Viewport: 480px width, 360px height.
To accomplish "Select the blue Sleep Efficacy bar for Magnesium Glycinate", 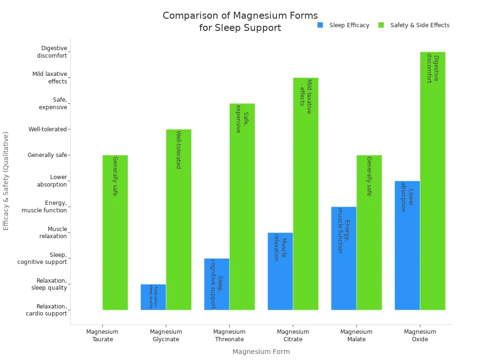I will tap(153, 297).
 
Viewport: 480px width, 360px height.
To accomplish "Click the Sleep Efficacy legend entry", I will tap(344, 25).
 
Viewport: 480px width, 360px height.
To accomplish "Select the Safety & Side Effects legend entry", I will tap(414, 25).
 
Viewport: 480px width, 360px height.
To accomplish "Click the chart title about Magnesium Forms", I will tap(240, 22).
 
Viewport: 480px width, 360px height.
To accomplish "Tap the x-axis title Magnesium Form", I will tap(261, 352).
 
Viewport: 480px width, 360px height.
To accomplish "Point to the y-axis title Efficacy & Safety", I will tap(6, 180).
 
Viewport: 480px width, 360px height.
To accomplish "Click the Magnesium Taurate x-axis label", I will tap(103, 336).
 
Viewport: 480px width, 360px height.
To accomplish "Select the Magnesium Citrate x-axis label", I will tap(293, 336).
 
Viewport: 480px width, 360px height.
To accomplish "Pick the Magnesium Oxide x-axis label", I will tap(420, 336).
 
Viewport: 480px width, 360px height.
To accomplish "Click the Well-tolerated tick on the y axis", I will tap(47, 129).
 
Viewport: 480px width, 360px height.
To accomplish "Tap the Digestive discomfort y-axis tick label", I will tap(52, 52).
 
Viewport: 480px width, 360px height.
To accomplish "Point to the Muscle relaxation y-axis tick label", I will tap(53, 232).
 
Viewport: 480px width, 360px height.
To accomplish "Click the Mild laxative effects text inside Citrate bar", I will tap(306, 96).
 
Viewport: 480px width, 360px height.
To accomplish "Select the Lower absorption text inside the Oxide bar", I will tap(407, 200).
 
